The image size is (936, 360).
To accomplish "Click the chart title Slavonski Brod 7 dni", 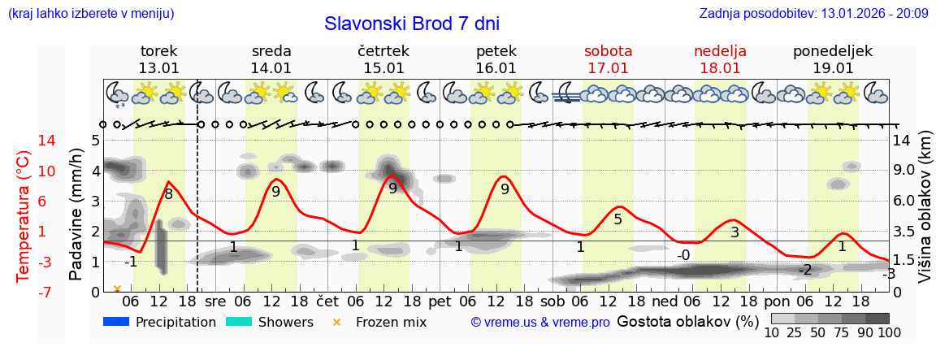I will pos(412,24).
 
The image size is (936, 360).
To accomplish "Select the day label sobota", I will pos(608,51).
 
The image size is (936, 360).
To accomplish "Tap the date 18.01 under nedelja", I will pos(720,68).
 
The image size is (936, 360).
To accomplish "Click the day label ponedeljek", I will pos(832,51).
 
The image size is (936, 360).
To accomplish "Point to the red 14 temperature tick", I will pos(24,141).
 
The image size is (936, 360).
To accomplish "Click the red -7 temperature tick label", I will pos(24,292).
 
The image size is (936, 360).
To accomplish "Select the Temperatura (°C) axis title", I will pos(24,216).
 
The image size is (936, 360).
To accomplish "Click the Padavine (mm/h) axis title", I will pos(76,215).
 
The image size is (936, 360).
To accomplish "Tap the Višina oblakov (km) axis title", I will pos(925,215).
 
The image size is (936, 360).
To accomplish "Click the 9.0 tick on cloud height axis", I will pos(904,171).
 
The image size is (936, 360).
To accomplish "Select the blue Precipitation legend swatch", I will pos(116,322).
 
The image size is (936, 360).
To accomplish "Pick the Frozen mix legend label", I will pos(391,322).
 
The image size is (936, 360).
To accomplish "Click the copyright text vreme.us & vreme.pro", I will pos(540,322).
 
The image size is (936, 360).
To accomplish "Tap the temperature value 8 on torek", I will pos(168,194).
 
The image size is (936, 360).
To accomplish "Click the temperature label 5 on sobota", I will pos(617,219).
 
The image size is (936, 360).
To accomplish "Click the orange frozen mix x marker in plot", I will pos(117,288).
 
